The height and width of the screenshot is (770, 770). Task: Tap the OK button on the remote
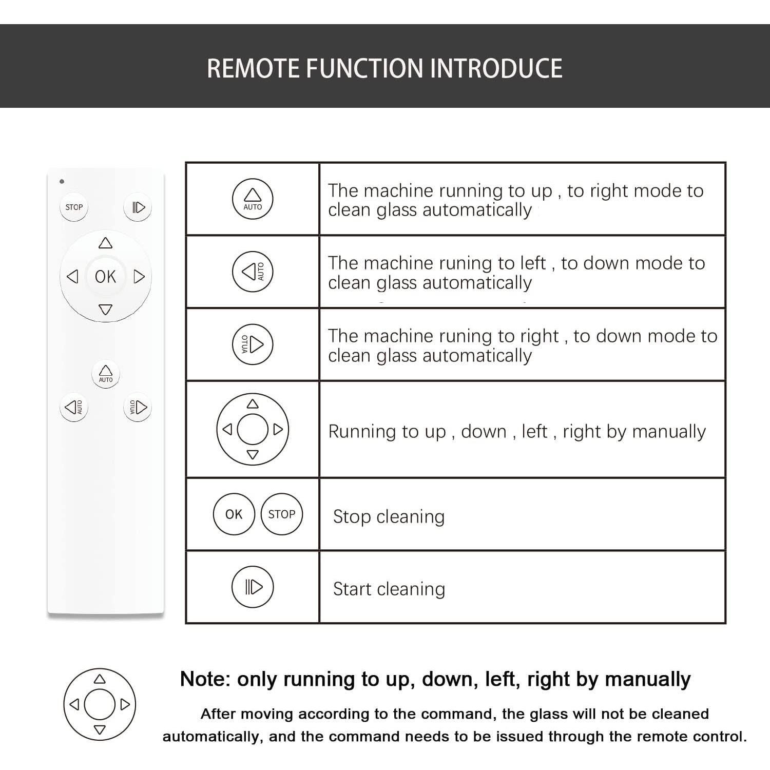coord(105,277)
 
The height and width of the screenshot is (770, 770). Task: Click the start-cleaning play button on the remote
coord(138,207)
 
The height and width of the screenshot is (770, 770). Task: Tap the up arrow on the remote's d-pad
coord(105,243)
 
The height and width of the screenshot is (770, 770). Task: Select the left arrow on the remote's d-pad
coord(72,277)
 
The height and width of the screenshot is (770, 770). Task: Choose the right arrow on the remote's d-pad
coord(139,277)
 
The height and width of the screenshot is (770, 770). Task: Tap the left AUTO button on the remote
coord(74,408)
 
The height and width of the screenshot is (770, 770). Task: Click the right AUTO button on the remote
coord(138,408)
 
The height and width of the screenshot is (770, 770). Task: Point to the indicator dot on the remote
coord(62,181)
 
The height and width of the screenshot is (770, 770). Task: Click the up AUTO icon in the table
coord(253,199)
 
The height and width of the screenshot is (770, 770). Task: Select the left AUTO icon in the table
coord(253,272)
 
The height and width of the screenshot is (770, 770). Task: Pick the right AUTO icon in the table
coord(253,344)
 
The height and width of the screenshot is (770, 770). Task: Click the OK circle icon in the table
coord(234,514)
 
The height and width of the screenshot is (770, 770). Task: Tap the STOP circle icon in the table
coord(282,514)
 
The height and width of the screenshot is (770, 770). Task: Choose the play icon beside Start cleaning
coord(253,587)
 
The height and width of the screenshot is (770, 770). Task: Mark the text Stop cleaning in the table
coord(389,516)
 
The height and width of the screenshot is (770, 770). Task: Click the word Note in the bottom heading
coord(203,679)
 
